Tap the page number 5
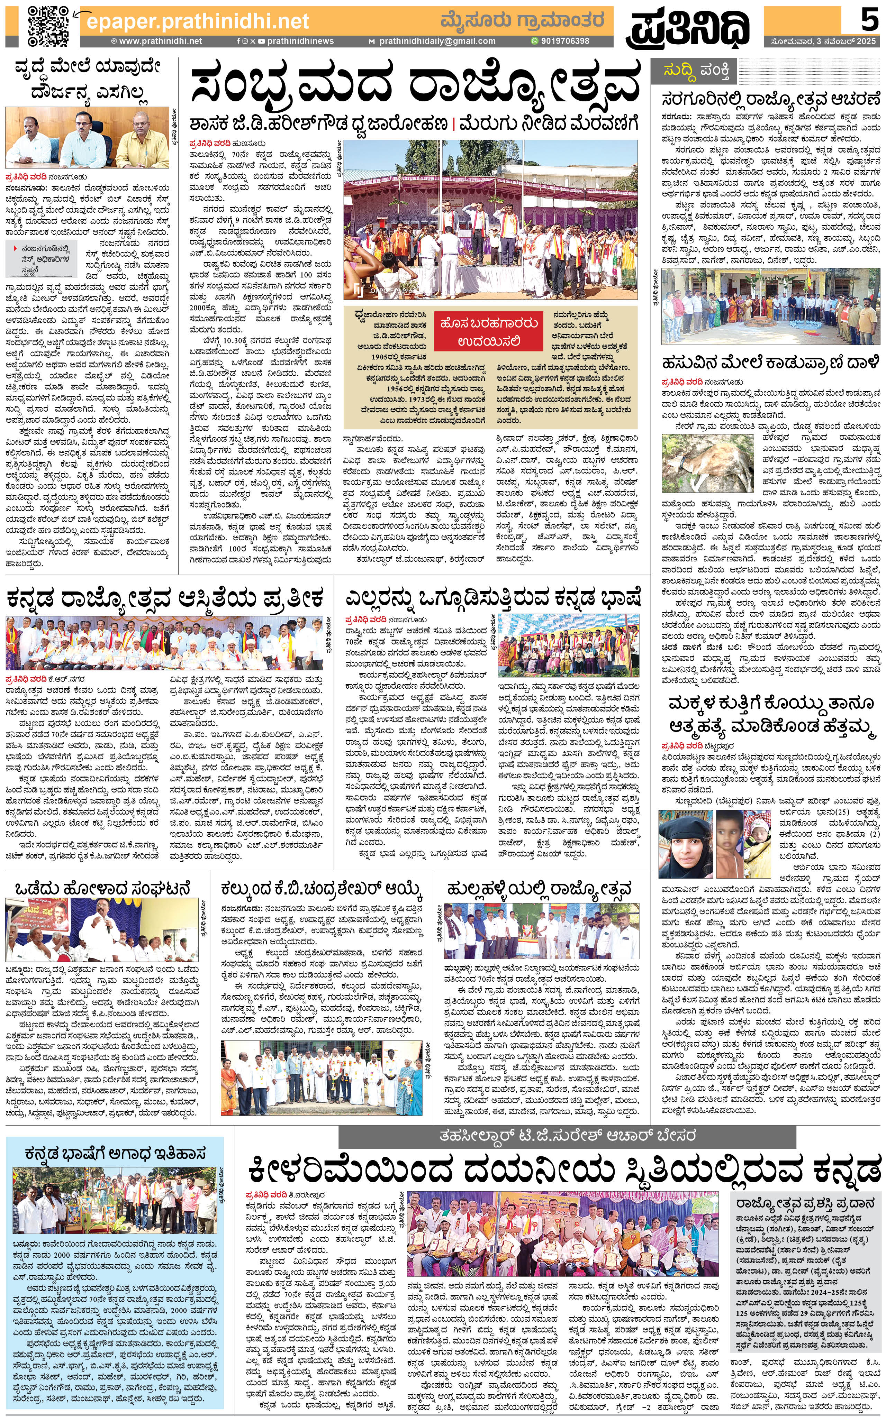[x=868, y=21]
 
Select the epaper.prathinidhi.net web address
[x=198, y=22]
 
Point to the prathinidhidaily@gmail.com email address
[x=436, y=41]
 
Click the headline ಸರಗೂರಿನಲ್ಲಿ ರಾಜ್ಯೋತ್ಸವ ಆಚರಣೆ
[x=770, y=98]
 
